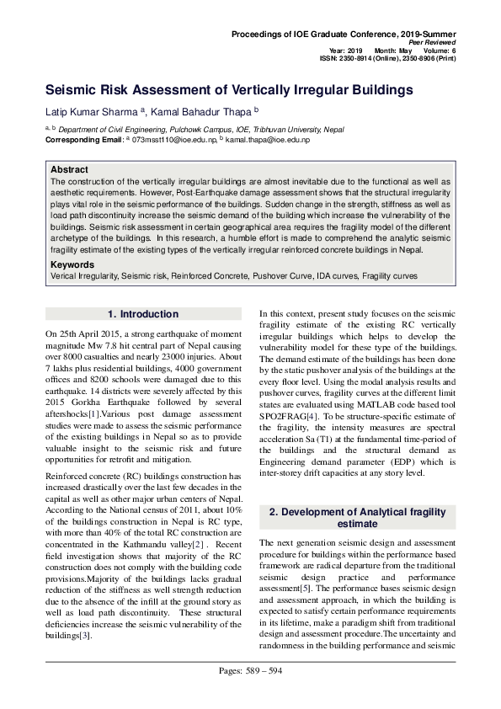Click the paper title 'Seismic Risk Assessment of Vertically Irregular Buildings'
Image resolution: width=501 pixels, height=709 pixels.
click(229, 89)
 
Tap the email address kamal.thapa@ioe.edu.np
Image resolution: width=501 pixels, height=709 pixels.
click(267, 140)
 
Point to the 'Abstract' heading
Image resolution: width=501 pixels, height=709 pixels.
click(69, 169)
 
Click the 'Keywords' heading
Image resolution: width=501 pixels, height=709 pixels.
click(72, 264)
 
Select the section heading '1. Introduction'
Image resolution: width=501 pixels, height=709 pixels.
click(143, 314)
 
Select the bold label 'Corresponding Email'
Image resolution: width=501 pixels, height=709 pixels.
click(83, 140)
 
